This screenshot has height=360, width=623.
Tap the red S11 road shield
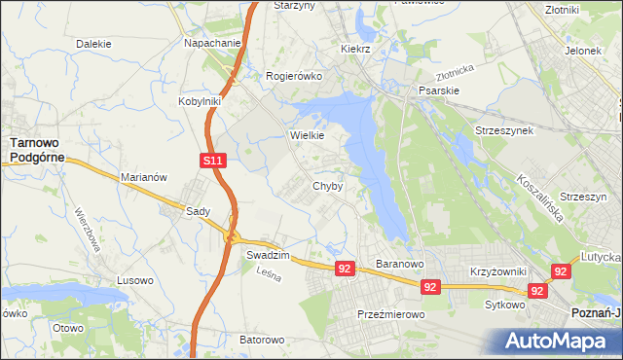click(x=215, y=160)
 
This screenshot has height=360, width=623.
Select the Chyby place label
click(x=327, y=186)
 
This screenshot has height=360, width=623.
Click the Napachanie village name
click(x=212, y=44)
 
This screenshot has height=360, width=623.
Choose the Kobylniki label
click(x=201, y=100)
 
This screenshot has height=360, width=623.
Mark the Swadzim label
click(x=266, y=254)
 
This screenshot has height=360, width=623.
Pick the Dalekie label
click(x=93, y=44)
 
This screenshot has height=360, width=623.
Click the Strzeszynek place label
click(x=503, y=130)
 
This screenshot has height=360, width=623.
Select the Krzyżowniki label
click(x=497, y=271)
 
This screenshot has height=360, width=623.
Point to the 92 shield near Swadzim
click(x=345, y=268)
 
